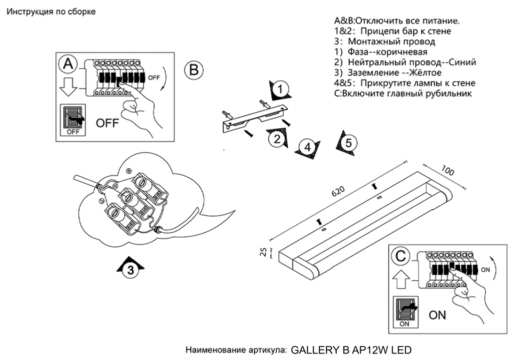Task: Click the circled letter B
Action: coord(193,69)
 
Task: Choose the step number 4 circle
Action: coord(308,147)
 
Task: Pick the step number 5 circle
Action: coord(348,143)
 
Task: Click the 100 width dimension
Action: coord(448,171)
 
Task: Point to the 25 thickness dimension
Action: coord(263,253)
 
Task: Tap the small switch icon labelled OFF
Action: coord(73,120)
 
